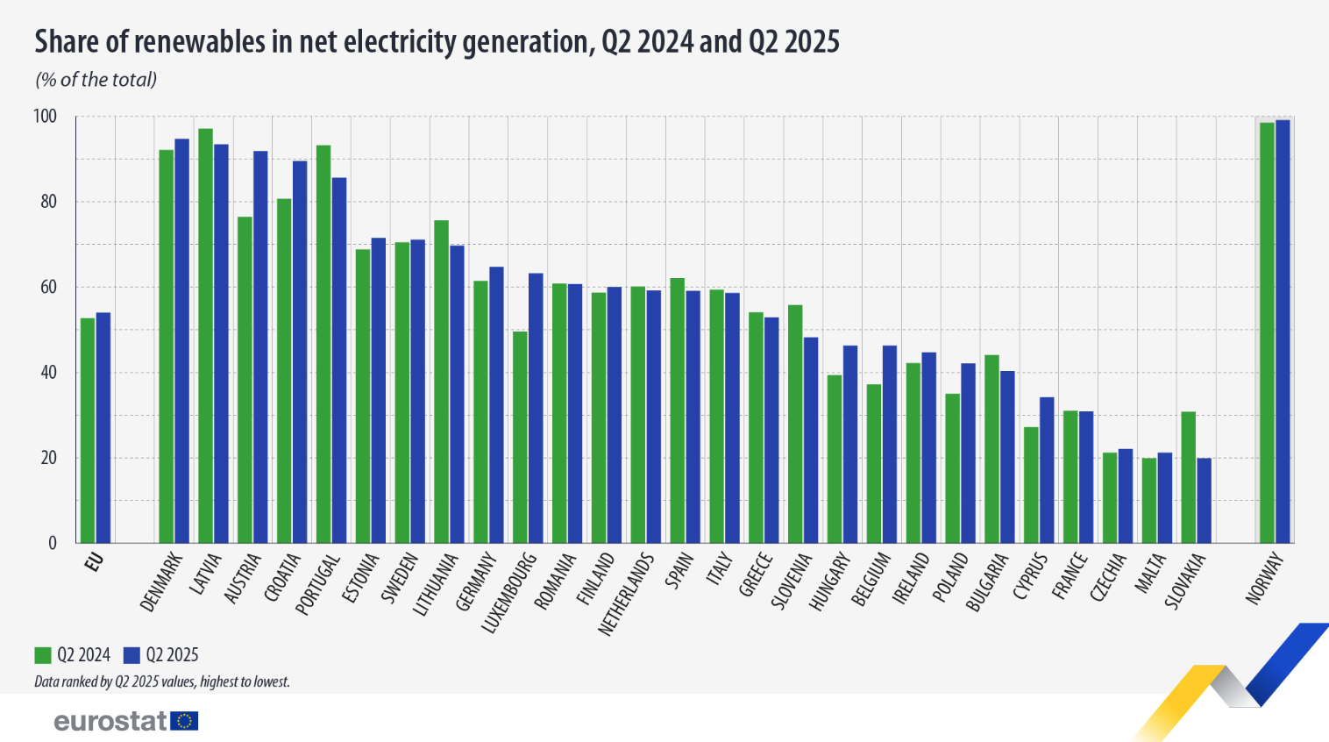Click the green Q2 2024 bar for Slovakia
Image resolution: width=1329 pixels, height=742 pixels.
pos(1188,477)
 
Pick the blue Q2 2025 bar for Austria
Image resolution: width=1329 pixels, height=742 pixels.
pos(260,346)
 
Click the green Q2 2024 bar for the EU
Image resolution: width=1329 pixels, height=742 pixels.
pos(88,430)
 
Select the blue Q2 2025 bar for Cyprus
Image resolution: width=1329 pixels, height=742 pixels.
pos(1047,470)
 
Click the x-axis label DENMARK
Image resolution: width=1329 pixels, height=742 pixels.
pos(162,581)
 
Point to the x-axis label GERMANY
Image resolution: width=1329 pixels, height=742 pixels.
pos(477,581)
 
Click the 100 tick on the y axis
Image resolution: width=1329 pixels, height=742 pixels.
pos(45,117)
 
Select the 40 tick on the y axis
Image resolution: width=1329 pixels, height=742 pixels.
pos(48,373)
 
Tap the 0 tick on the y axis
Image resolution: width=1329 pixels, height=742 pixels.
pos(53,543)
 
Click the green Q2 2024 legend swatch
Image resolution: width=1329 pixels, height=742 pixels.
pos(43,655)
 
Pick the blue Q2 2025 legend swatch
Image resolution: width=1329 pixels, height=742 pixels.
pos(131,655)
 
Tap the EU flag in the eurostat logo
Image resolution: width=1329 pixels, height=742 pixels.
pos(185,721)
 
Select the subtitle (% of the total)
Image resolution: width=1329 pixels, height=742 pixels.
pos(96,80)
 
